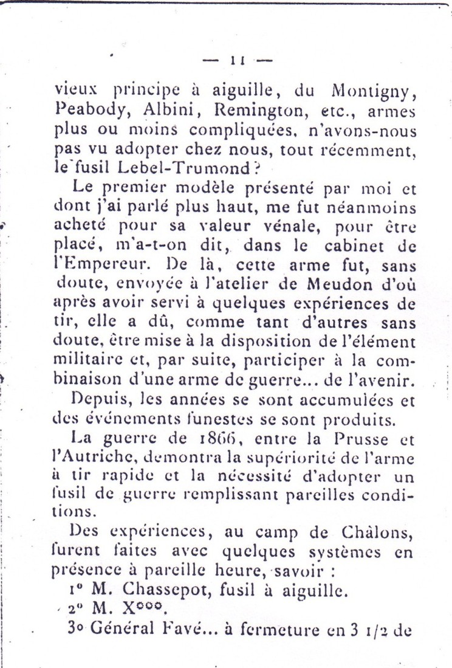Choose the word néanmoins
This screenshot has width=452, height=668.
[x=378, y=208]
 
